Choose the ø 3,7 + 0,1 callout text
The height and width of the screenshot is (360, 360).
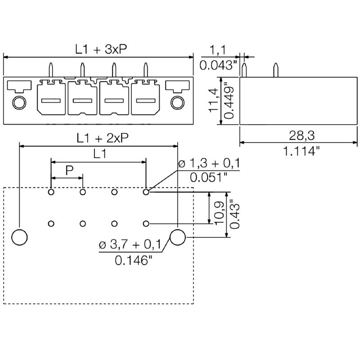coord(130,245)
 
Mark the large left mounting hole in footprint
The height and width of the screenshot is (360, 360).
coord(19,237)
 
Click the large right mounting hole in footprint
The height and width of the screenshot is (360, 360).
coord(177,237)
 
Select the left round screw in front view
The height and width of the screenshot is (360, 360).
coord(18,103)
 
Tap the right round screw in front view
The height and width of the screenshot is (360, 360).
coord(177,103)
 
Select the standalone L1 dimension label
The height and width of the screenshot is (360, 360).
coord(99,154)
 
